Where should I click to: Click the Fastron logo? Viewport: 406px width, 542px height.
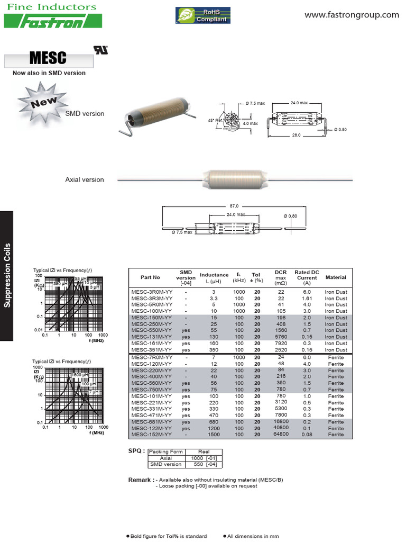point(53,21)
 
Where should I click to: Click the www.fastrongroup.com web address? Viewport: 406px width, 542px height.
point(352,15)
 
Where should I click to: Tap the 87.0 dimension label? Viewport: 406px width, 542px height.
point(234,206)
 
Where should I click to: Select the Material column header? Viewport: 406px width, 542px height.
point(336,277)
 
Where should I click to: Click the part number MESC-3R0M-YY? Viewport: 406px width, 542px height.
point(152,292)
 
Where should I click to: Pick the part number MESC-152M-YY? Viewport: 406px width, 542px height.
point(152,435)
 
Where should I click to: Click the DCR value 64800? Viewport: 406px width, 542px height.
point(280,435)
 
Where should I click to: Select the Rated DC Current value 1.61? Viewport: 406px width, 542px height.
point(307,299)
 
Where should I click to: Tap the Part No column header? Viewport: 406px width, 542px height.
point(150,277)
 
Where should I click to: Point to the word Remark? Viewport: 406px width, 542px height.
point(141,480)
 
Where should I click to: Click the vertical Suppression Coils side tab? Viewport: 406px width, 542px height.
point(7,275)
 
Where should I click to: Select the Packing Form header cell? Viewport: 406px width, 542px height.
point(165,451)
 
